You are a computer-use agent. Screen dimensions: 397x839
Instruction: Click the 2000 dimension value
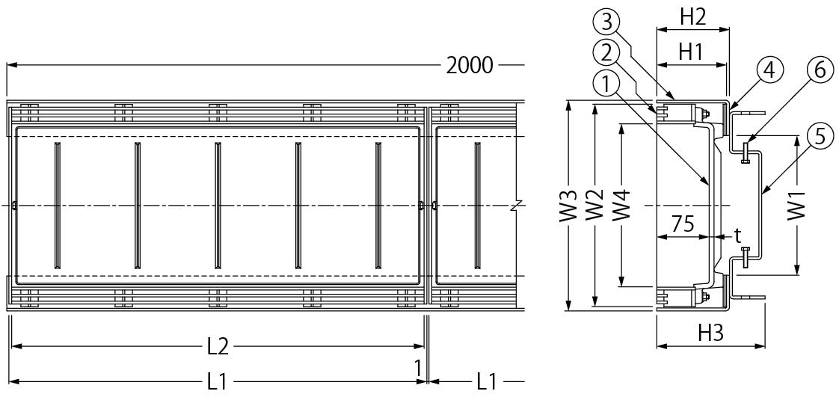(470, 66)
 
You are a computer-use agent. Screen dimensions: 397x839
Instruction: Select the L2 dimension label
(218, 346)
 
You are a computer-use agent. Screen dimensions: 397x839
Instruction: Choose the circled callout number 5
(820, 137)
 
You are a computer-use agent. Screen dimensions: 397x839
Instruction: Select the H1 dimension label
(690, 52)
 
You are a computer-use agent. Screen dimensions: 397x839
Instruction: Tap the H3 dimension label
(710, 333)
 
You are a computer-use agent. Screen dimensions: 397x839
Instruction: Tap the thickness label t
(737, 236)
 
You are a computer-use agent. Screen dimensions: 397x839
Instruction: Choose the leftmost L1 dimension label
(217, 382)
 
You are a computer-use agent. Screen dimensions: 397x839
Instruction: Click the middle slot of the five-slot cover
(218, 205)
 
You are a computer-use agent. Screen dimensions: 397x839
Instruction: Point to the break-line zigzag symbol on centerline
(516, 205)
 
